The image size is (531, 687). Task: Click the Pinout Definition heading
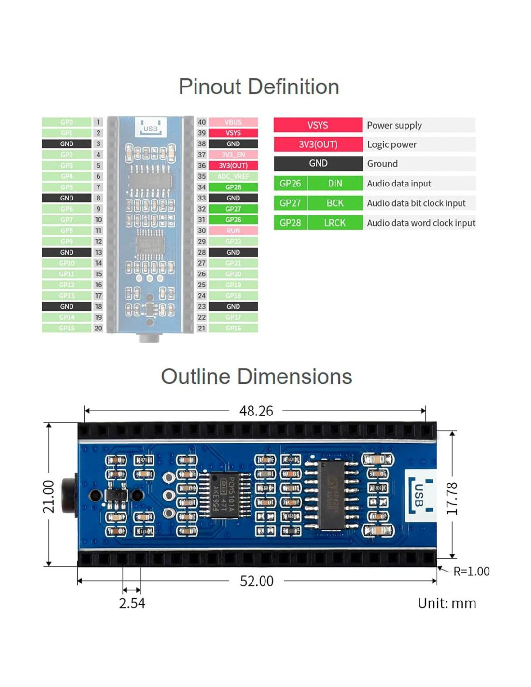click(259, 87)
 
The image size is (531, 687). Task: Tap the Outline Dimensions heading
click(256, 377)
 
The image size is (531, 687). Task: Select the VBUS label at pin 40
click(233, 122)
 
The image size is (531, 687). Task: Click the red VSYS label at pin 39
click(233, 133)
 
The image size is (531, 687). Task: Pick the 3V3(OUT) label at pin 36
click(233, 165)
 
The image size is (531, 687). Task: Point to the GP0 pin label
click(67, 122)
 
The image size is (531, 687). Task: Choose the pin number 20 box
click(98, 328)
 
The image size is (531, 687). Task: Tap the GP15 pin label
click(67, 328)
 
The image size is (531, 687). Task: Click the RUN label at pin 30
click(233, 230)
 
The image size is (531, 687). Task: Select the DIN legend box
click(335, 184)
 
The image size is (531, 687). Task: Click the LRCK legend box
click(335, 223)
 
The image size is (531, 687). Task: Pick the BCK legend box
click(335, 203)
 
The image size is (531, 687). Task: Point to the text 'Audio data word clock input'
click(421, 223)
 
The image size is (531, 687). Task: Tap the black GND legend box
click(318, 163)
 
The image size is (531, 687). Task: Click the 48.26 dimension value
click(256, 411)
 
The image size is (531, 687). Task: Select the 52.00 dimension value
click(256, 581)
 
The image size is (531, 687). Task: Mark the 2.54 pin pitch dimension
click(132, 603)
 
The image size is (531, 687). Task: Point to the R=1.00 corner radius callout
click(471, 572)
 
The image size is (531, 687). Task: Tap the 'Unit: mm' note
click(447, 603)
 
